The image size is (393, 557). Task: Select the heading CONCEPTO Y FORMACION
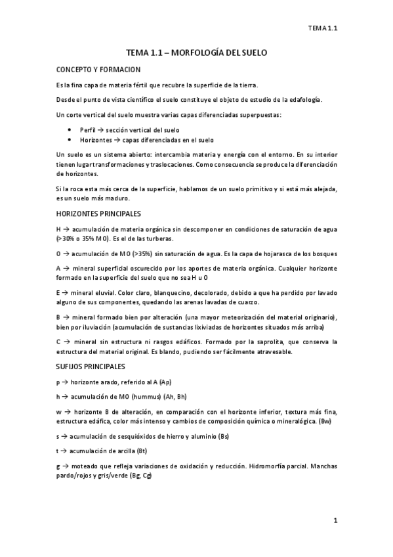point(98,70)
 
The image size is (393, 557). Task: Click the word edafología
point(306,100)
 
